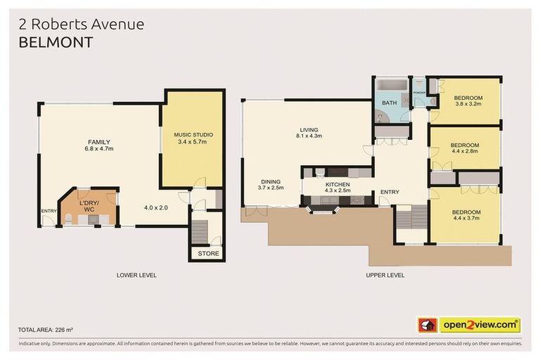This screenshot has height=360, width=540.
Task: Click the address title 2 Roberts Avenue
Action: [82, 24]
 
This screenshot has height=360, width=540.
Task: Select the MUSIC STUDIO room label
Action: [193, 134]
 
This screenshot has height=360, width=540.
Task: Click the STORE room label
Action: [208, 253]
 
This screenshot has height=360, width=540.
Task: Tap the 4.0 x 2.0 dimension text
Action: [156, 208]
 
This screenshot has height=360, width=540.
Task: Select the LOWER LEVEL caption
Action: [136, 275]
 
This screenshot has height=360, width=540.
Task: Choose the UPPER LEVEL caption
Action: [385, 275]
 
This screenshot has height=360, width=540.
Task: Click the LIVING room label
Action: [309, 129]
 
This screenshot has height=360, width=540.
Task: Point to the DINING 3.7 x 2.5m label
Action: [271, 184]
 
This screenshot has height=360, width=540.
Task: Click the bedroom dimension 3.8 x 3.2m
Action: [467, 104]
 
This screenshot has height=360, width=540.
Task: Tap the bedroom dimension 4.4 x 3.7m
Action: [466, 219]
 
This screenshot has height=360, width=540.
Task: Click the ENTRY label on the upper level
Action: [390, 192]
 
